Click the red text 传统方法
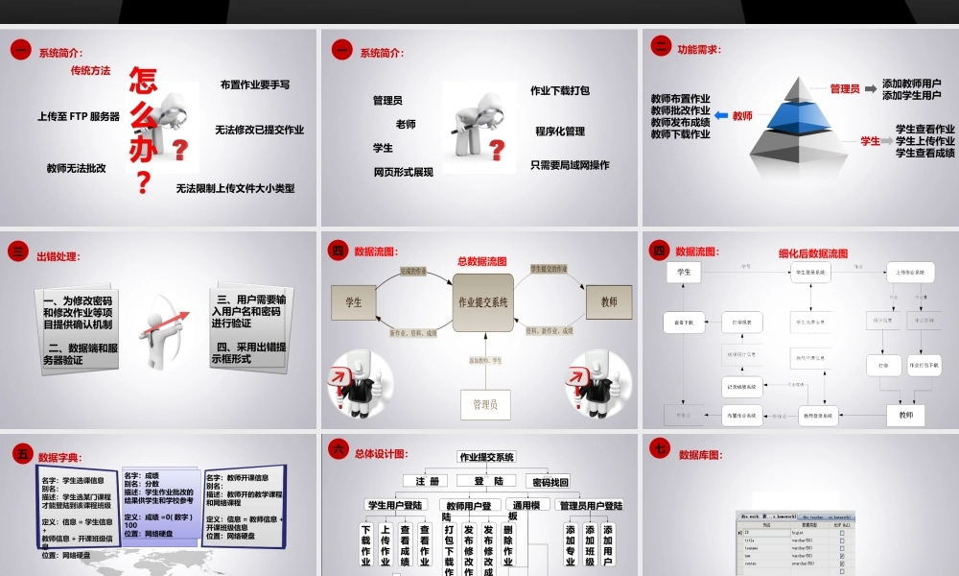(90, 71)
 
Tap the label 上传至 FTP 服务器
(79, 117)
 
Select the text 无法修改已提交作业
(259, 130)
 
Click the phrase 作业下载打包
(560, 91)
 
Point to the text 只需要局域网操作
(570, 165)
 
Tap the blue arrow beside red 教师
(721, 116)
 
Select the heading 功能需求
(699, 49)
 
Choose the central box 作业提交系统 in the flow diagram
(483, 301)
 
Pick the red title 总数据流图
(481, 261)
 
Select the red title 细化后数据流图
(813, 254)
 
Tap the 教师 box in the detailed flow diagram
(905, 416)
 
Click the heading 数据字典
(59, 458)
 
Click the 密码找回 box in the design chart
(550, 482)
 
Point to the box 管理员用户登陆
(591, 505)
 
